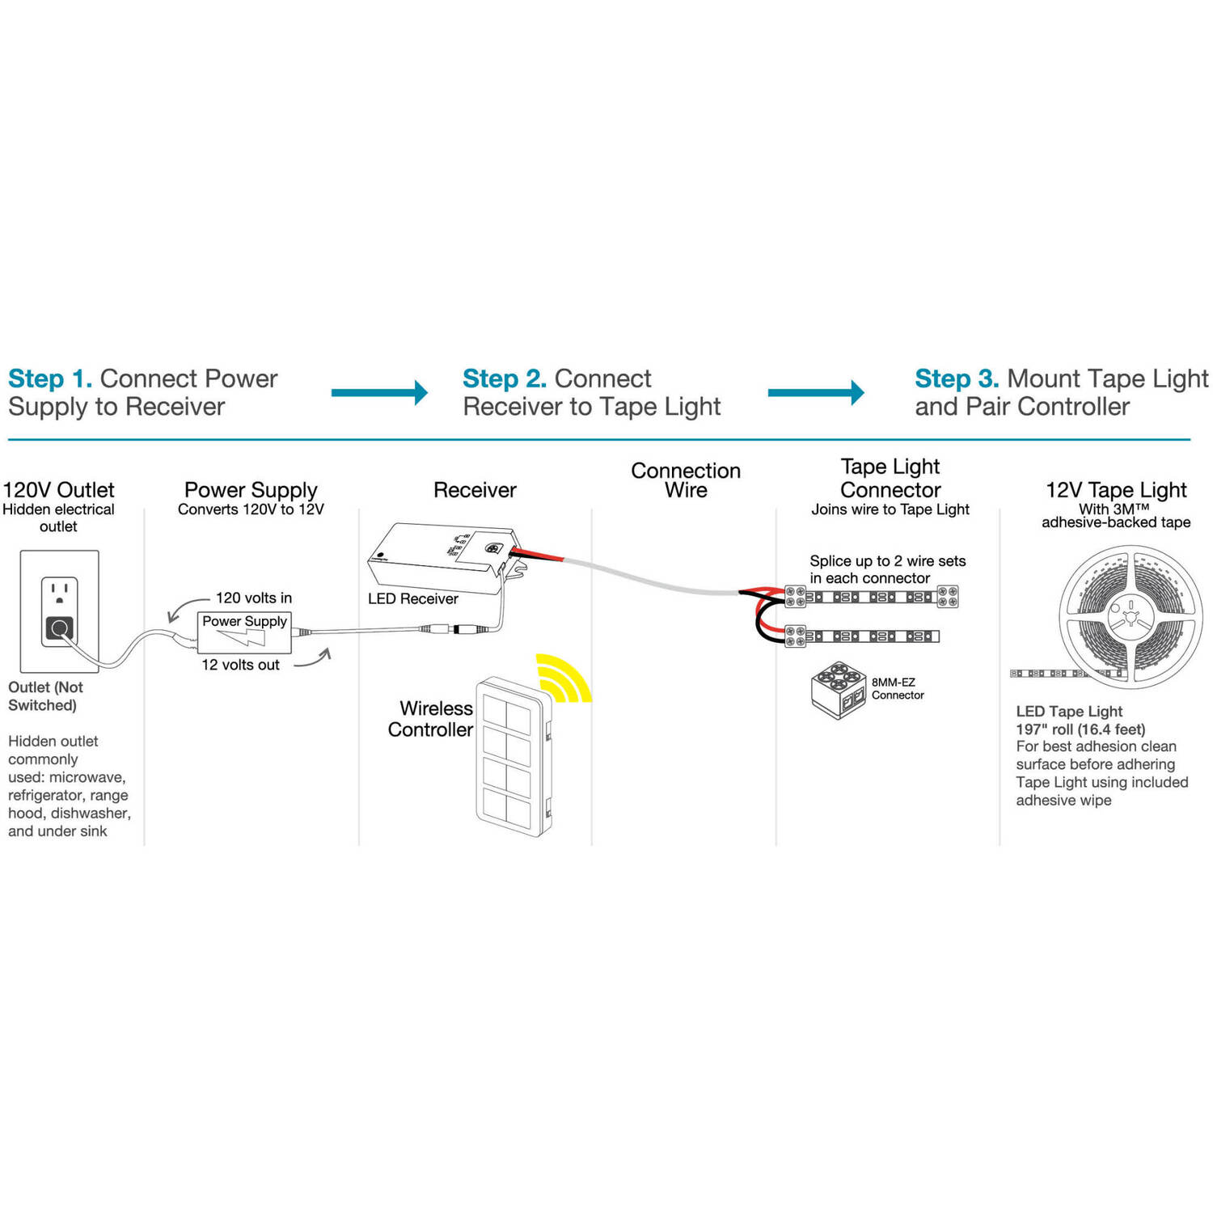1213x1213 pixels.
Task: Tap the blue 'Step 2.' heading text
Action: pos(505,378)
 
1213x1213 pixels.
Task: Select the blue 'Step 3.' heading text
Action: pos(957,378)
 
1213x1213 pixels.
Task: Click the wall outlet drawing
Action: pos(59,610)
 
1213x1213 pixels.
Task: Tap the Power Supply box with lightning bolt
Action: pos(244,632)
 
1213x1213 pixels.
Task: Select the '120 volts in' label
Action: pos(253,598)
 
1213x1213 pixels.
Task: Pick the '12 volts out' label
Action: pos(240,665)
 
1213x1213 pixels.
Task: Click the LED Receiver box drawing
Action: pos(441,559)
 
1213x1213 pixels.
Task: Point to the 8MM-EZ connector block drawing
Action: pos(838,690)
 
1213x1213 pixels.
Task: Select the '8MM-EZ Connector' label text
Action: pos(898,688)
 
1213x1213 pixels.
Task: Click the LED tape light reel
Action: pos(1131,616)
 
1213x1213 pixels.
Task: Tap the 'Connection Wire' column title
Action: pos(686,480)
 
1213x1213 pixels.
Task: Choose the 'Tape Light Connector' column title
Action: pos(890,478)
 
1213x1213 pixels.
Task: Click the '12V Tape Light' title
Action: pos(1116,490)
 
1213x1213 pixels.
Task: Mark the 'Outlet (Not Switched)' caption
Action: pos(45,696)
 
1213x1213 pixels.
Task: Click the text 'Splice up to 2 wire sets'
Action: pos(887,561)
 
